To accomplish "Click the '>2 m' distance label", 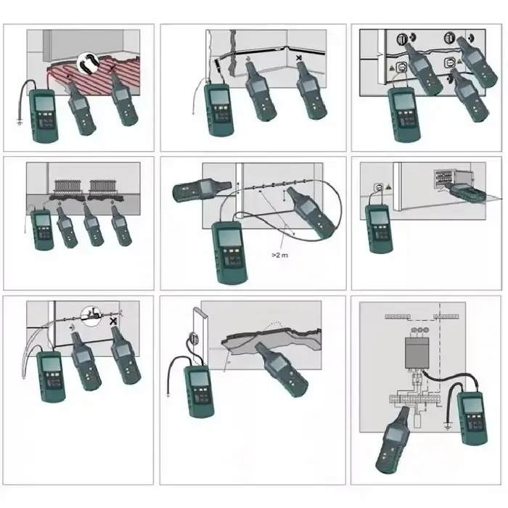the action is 279,255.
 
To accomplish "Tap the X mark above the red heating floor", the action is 112,68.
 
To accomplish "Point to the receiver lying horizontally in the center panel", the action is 202,190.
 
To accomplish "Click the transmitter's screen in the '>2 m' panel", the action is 229,237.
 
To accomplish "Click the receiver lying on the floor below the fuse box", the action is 466,194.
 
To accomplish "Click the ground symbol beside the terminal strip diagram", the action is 448,427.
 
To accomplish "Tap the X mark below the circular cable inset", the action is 113,321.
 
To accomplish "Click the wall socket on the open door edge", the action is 194,339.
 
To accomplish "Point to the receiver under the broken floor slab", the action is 282,369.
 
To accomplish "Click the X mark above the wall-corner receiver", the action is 299,58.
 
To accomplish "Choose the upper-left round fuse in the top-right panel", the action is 402,39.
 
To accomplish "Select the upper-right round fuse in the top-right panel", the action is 450,38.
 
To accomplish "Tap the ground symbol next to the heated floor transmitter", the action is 20,123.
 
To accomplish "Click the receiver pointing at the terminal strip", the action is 393,440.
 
